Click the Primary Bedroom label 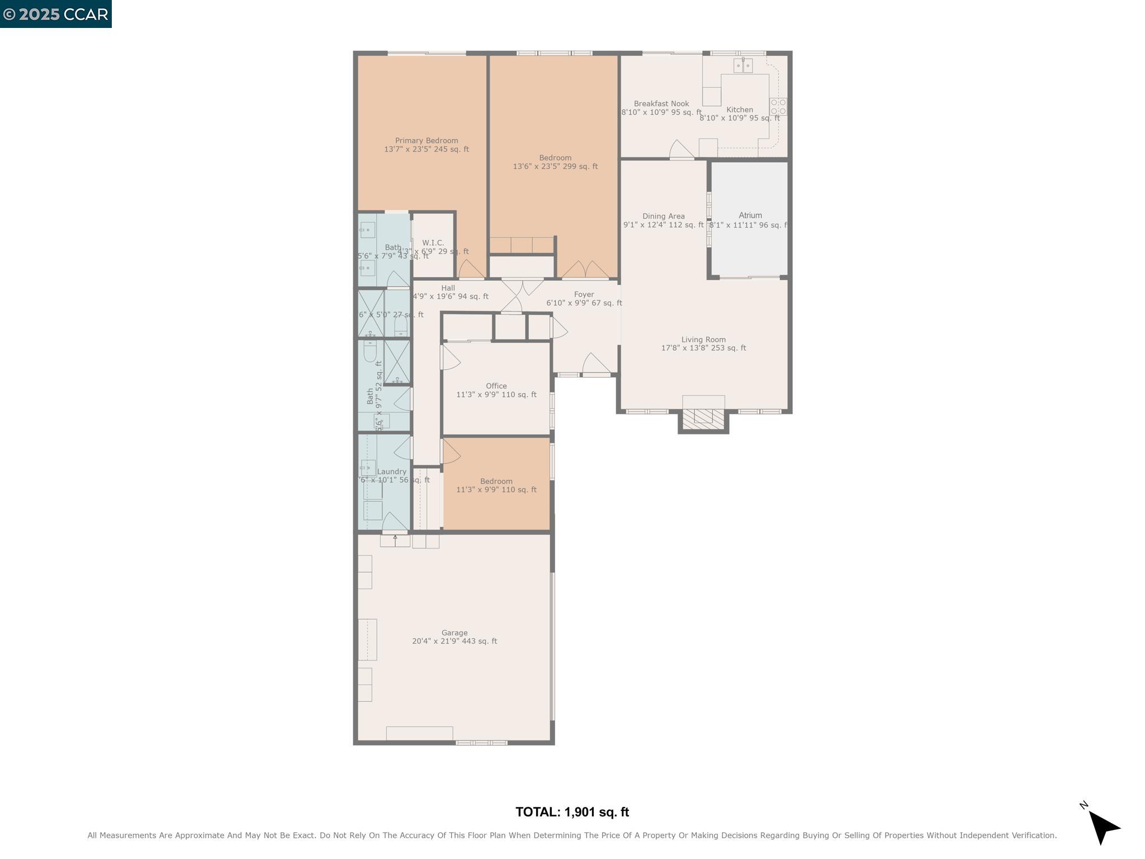[426, 141]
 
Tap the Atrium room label [750, 215]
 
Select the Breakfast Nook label [661, 104]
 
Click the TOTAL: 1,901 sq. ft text [572, 812]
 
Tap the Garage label [454, 633]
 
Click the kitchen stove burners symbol [778, 107]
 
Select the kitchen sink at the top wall [743, 66]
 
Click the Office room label [496, 386]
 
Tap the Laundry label [391, 471]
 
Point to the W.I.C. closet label [433, 243]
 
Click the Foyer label [584, 294]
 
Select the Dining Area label [663, 216]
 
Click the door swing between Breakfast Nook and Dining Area [681, 149]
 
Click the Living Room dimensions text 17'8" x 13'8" [703, 348]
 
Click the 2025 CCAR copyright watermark [56, 14]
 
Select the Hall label [448, 288]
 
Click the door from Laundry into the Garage [395, 523]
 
